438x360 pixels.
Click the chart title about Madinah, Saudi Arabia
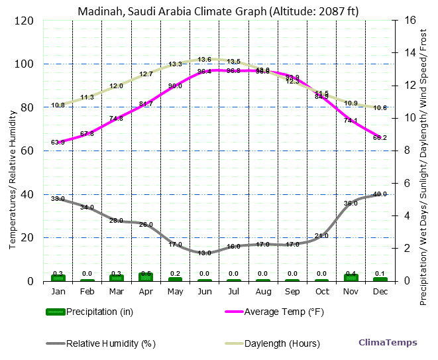coord(219,11)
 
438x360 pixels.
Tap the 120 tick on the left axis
coord(25,21)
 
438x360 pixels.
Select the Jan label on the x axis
coord(58,291)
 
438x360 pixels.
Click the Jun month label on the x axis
coord(205,291)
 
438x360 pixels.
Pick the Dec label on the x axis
coord(380,291)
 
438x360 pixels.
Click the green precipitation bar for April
coord(146,276)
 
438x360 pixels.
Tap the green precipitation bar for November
coord(351,277)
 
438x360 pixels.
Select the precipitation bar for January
coord(58,277)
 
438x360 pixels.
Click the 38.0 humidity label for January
coord(58,199)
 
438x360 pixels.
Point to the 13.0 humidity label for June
coord(205,253)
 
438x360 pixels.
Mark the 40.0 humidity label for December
coord(380,194)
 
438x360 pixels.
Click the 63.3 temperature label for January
coord(58,143)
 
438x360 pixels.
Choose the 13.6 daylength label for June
coord(205,60)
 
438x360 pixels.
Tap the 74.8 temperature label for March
coord(117,118)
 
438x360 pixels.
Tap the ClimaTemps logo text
coord(388,343)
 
